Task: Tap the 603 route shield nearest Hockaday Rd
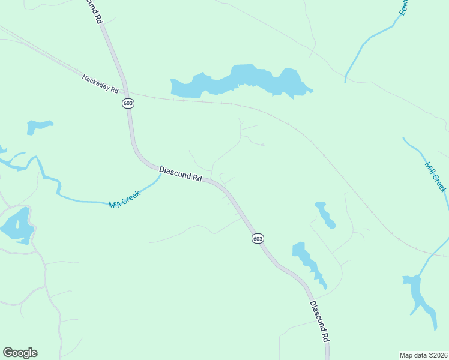127,103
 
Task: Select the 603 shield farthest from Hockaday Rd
258,238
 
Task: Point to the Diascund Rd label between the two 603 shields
181,174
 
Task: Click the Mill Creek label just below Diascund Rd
124,199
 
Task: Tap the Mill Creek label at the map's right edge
435,177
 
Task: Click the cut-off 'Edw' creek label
405,7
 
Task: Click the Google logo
20,353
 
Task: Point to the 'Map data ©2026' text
424,355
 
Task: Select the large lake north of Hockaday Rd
240,80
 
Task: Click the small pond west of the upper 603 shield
38,126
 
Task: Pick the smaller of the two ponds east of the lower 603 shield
325,214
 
